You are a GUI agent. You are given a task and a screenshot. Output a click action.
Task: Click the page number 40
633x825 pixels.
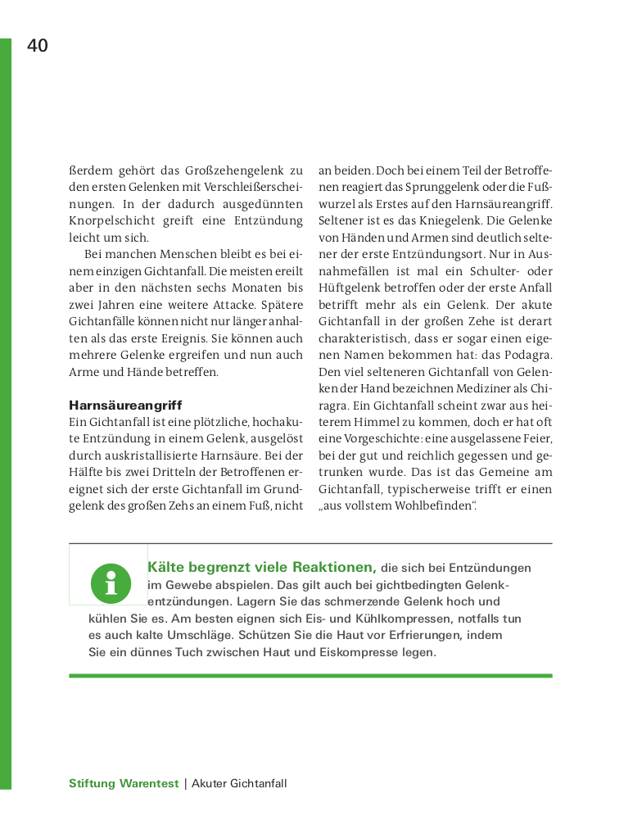pos(38,46)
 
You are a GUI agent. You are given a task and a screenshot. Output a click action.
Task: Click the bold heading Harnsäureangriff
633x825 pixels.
pos(125,405)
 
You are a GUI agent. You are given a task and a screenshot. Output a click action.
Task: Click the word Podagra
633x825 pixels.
pos(524,355)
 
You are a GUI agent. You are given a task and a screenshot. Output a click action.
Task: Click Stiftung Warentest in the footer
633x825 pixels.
pos(124,783)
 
